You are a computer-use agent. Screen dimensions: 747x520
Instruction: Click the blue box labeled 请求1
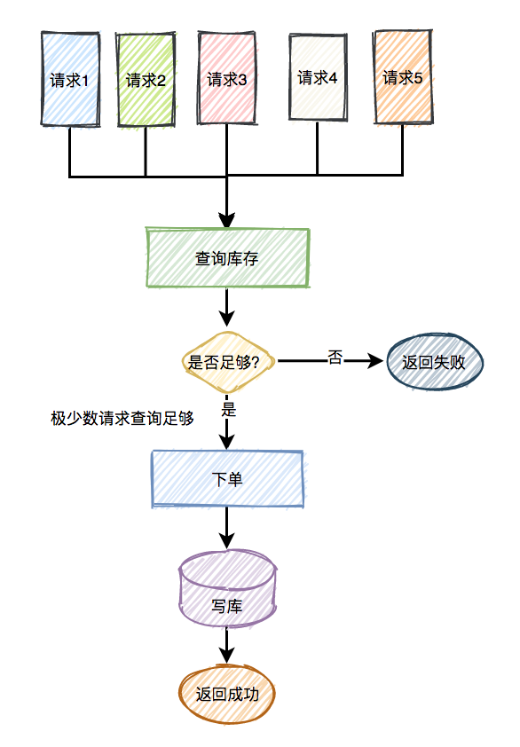click(70, 79)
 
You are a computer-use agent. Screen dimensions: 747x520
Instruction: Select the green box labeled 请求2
click(146, 79)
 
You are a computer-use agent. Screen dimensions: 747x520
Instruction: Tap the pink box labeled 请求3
click(227, 78)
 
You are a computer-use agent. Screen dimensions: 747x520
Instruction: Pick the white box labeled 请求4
click(318, 76)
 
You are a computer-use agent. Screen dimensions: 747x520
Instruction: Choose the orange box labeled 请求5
click(403, 76)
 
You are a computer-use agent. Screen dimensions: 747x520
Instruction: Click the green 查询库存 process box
click(228, 258)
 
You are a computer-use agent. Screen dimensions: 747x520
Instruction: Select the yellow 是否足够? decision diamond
click(227, 361)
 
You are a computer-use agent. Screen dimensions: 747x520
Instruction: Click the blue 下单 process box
click(227, 478)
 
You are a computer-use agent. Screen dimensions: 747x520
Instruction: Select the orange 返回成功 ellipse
click(227, 694)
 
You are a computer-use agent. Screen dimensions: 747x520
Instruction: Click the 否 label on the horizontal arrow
click(335, 358)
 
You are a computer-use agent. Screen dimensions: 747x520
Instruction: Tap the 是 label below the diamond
click(228, 410)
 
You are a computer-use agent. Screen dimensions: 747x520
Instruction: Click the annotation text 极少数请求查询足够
click(122, 418)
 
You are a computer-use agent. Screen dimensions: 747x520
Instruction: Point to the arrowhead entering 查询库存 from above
click(228, 220)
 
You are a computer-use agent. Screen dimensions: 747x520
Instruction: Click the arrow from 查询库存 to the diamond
click(228, 307)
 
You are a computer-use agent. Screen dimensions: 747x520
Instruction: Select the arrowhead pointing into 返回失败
click(379, 361)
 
